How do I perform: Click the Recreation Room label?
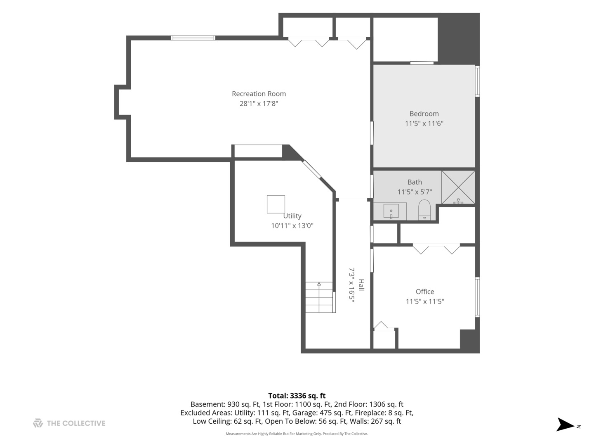pyautogui.click(x=259, y=94)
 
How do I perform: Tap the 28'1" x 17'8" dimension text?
pyautogui.click(x=259, y=103)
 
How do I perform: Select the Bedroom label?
pyautogui.click(x=424, y=114)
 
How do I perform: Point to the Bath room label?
pyautogui.click(x=415, y=182)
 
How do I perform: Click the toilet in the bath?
pyautogui.click(x=424, y=210)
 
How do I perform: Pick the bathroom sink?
pyautogui.click(x=391, y=211)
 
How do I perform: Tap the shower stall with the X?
pyautogui.click(x=458, y=187)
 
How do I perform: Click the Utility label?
pyautogui.click(x=292, y=216)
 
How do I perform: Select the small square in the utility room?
pyautogui.click(x=276, y=204)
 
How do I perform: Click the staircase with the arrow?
pyautogui.click(x=319, y=297)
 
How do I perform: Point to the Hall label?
pyautogui.click(x=361, y=285)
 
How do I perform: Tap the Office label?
pyautogui.click(x=425, y=292)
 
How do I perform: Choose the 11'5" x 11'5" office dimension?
pyautogui.click(x=425, y=301)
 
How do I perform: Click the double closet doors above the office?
pyautogui.click(x=436, y=249)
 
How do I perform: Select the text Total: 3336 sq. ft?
pyautogui.click(x=297, y=396)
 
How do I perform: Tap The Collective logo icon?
pyautogui.click(x=38, y=423)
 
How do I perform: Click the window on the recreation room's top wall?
pyautogui.click(x=193, y=38)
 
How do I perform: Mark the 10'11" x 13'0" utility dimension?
pyautogui.click(x=292, y=225)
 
